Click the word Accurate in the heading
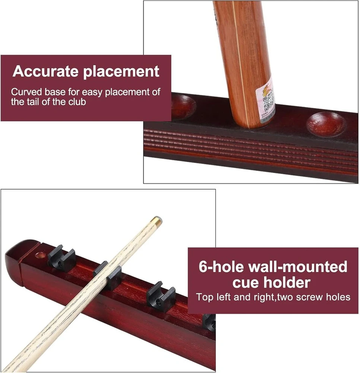45,71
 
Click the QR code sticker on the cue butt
266,100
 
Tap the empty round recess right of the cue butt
326,124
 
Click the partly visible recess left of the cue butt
183,106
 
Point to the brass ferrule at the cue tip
157,219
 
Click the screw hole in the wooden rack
40,256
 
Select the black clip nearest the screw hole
61,258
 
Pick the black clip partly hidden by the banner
209,322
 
